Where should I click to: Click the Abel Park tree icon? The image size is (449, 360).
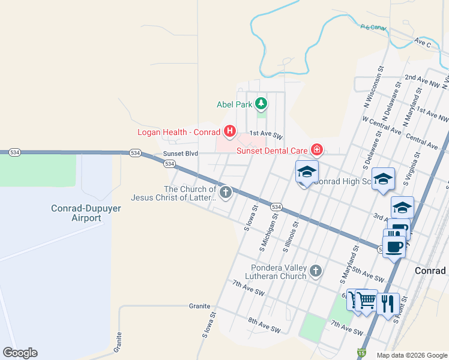(x=261, y=104)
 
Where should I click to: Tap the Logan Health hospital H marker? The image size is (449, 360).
(x=229, y=131)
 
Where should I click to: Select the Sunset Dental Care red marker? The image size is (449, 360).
(x=317, y=150)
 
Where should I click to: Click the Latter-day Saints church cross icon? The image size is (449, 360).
(x=226, y=193)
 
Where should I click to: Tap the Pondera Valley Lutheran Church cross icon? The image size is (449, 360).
(x=316, y=272)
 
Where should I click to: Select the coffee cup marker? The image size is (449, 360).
(x=393, y=246)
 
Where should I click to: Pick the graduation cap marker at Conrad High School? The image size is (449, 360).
(x=306, y=172)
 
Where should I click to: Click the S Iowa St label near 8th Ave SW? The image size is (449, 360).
(x=209, y=326)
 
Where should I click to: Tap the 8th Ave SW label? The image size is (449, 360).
(x=264, y=323)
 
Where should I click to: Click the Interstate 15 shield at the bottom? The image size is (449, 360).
(x=361, y=353)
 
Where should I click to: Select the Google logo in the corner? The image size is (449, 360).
(x=20, y=353)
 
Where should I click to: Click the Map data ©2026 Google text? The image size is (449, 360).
(x=412, y=355)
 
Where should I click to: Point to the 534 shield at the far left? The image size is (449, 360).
(x=15, y=154)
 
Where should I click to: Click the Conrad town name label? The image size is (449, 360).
(x=431, y=271)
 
